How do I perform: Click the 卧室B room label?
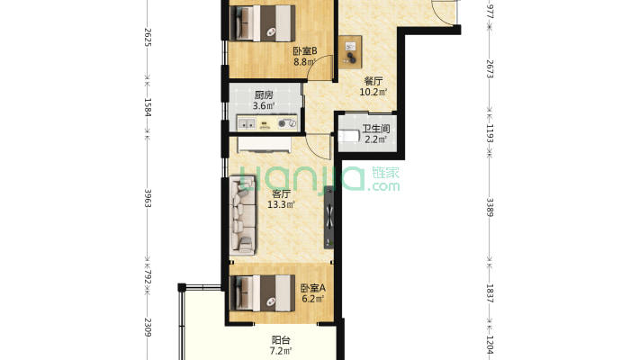tap(305, 51)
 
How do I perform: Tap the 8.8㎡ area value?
tap(305, 62)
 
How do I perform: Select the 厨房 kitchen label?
tap(264, 95)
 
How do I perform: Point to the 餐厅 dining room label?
tap(373, 81)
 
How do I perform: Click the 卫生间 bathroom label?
tap(375, 130)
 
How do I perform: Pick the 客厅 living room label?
tap(281, 193)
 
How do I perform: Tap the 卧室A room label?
tap(313, 288)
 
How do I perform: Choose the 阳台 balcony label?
tap(281, 339)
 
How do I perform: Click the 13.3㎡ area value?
tap(281, 204)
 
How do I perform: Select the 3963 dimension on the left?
tap(148, 199)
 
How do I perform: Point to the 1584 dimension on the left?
tap(148, 107)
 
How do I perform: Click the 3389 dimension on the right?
tap(490, 208)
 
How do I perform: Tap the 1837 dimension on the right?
tap(490, 293)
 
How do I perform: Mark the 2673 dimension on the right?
tap(490, 69)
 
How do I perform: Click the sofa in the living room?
tap(243, 215)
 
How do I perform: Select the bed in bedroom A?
tap(263, 293)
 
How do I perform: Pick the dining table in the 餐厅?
tap(350, 52)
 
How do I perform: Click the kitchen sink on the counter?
tap(247, 123)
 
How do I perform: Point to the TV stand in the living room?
tap(329, 217)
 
